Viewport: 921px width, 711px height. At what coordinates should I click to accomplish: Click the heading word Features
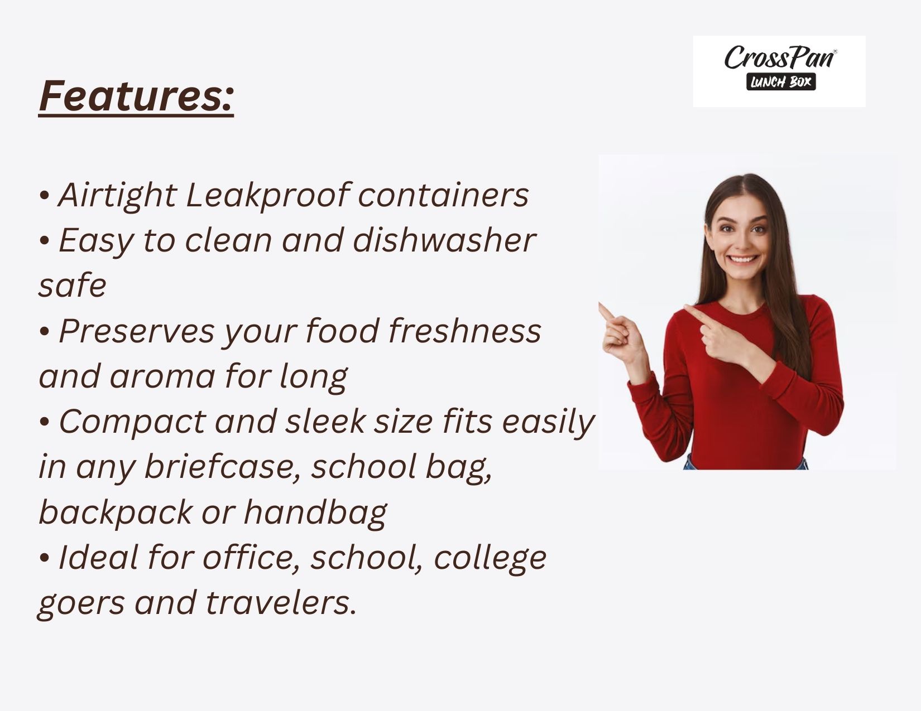[136, 96]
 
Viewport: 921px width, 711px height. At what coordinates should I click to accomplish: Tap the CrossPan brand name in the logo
[780, 57]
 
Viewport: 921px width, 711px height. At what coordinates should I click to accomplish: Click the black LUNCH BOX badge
[781, 82]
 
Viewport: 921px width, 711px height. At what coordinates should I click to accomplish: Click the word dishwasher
[444, 240]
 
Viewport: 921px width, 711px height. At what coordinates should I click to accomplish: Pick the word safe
[73, 285]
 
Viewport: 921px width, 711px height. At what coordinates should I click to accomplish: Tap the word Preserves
[137, 331]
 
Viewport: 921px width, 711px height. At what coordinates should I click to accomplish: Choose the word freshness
[464, 331]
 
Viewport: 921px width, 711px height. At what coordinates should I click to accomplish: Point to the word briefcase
[223, 467]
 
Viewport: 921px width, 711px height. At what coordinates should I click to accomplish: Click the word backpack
[116, 513]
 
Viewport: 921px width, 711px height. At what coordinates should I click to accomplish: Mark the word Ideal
[98, 558]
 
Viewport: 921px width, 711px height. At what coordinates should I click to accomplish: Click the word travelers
[281, 603]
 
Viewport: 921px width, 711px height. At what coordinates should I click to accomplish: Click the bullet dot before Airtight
[44, 196]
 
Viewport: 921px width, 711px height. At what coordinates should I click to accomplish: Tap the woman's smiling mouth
[743, 259]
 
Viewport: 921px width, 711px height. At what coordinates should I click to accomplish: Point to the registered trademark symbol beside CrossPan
[836, 51]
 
